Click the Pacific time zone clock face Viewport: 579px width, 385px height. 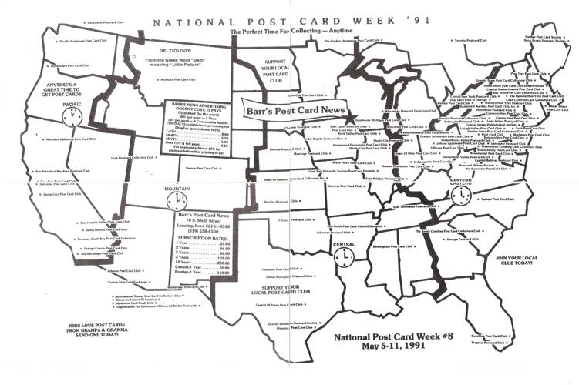point(73,116)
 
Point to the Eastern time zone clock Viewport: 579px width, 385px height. point(461,196)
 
